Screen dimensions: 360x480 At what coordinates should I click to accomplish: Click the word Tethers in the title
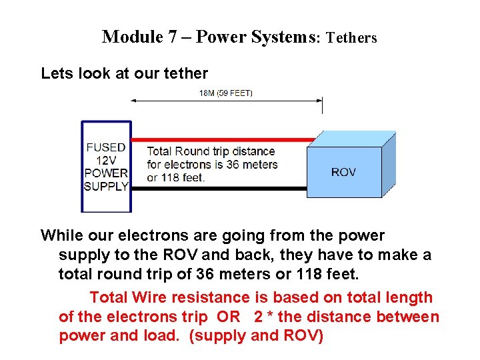(x=351, y=38)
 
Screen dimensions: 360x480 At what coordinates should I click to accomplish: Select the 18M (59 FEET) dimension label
(x=226, y=93)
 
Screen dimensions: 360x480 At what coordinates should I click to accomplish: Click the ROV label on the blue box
(x=343, y=172)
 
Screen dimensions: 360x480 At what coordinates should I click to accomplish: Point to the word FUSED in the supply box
(x=105, y=147)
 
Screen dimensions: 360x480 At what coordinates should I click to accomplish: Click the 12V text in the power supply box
(x=105, y=160)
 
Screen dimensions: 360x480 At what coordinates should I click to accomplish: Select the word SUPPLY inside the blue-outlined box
(x=106, y=186)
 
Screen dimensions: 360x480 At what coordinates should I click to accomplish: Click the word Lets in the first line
(x=55, y=73)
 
